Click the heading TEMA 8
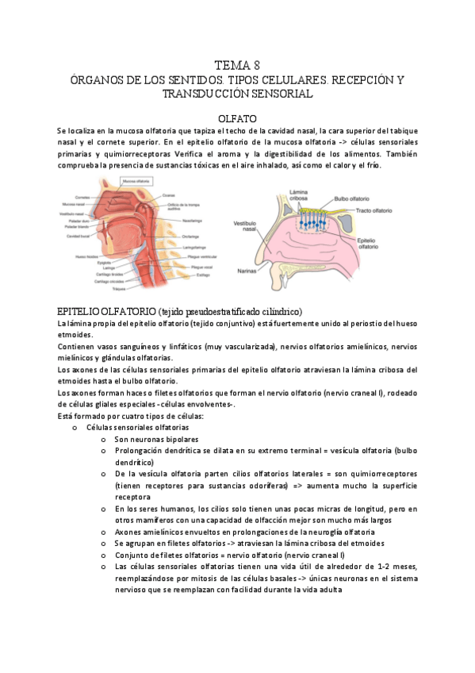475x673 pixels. coord(237,65)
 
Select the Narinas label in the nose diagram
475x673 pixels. coord(248,271)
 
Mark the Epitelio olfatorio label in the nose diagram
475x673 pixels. coord(367,243)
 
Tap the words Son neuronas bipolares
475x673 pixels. coord(155,439)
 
